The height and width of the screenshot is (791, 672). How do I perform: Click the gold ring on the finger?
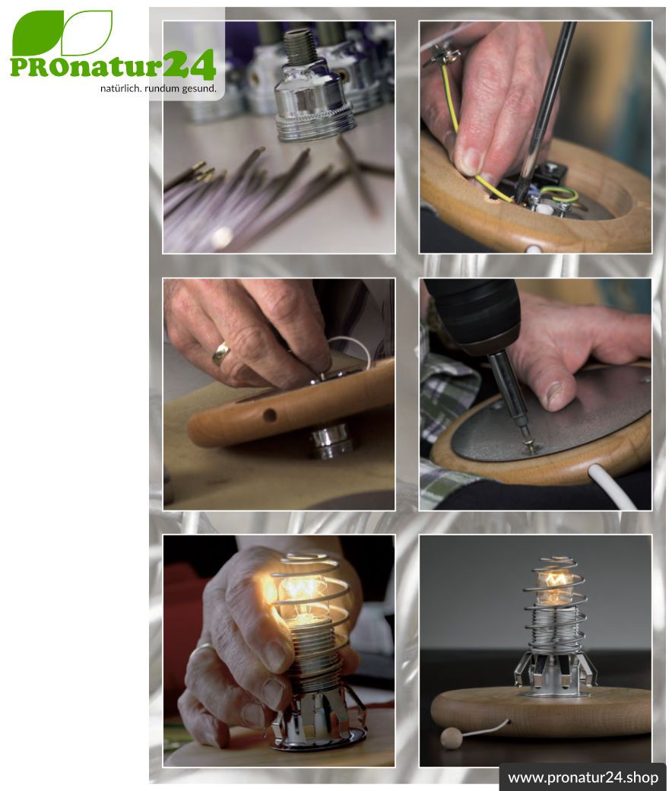pyautogui.click(x=220, y=352)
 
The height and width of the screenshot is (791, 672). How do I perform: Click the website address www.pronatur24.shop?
pyautogui.click(x=583, y=777)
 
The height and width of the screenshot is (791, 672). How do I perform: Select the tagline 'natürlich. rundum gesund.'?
pyautogui.click(x=158, y=89)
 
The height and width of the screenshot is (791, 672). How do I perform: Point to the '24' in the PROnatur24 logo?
pyautogui.click(x=190, y=64)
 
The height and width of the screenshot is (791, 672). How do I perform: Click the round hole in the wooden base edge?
pyautogui.click(x=270, y=415)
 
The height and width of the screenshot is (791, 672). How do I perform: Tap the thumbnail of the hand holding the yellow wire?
pyautogui.click(x=469, y=160)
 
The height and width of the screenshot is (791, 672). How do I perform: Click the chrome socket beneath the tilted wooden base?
pyautogui.click(x=331, y=441)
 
